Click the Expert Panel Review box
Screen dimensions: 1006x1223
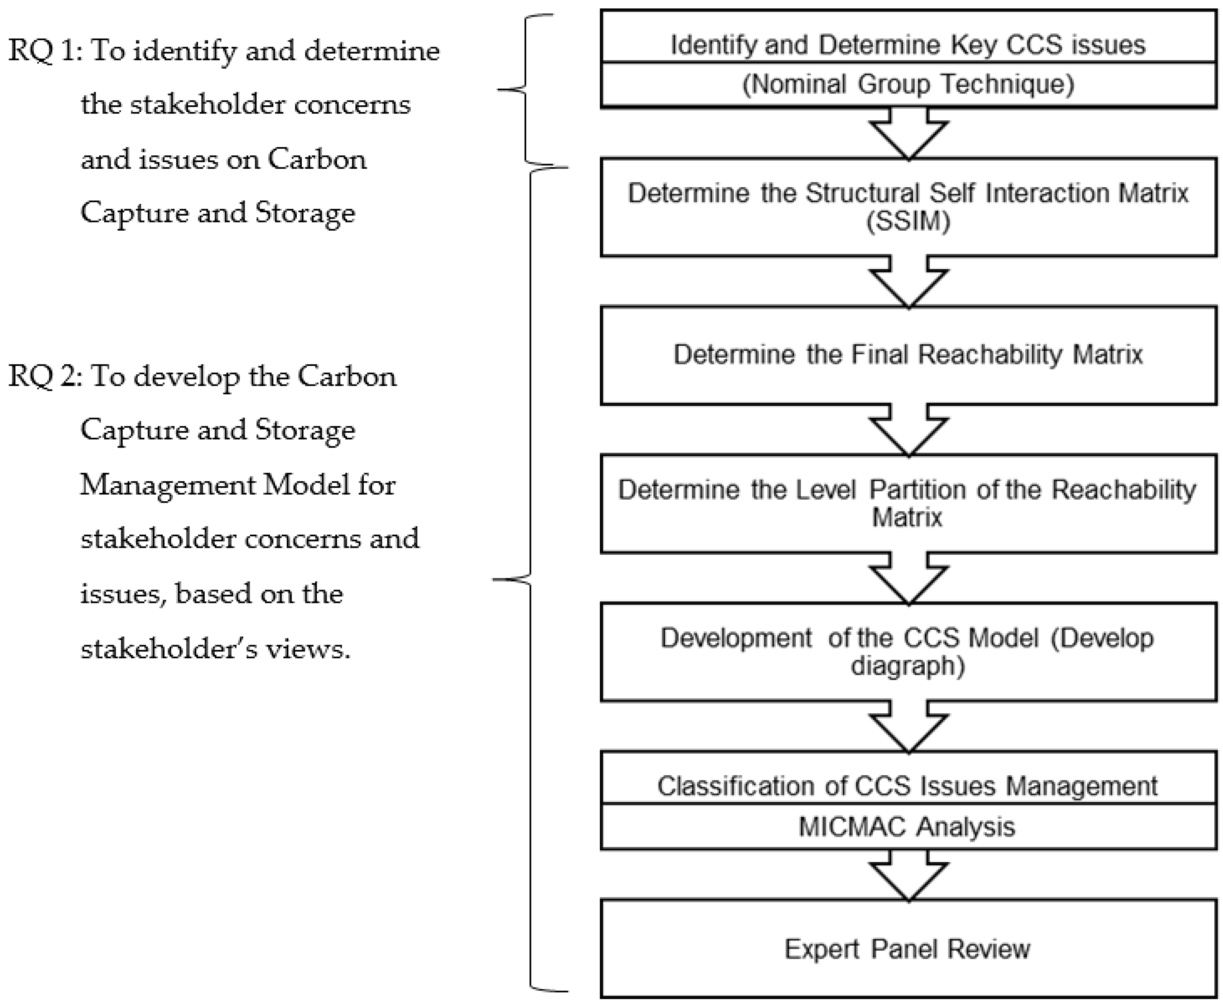(x=908, y=949)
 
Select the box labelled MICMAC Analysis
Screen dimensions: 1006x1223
(x=908, y=826)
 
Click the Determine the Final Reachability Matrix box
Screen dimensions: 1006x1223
(x=908, y=355)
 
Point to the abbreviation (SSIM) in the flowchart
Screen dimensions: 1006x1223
(x=908, y=221)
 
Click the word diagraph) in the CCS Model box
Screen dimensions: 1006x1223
(x=908, y=666)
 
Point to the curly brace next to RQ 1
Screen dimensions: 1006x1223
(x=525, y=90)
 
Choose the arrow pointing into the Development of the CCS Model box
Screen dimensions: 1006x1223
(x=908, y=579)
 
